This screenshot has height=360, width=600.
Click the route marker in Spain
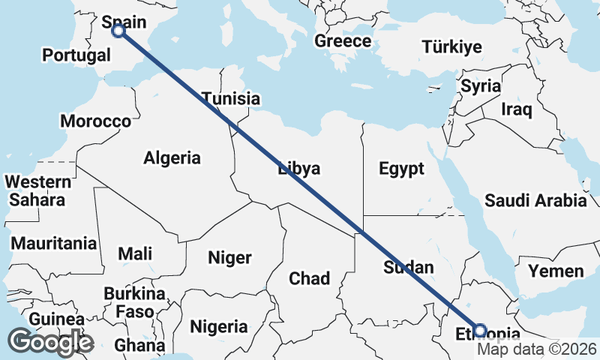coord(118,31)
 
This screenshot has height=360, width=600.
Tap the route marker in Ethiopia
coord(481,330)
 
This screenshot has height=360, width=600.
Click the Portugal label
coord(76,55)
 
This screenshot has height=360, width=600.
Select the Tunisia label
coord(231,98)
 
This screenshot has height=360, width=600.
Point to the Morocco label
coord(96,121)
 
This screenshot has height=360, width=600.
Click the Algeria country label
coord(172,158)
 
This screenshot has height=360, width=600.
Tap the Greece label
coord(343,41)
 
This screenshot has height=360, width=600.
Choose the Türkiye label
coord(451,48)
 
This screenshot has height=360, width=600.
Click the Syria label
coord(480,86)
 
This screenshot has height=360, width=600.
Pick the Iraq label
coord(517,110)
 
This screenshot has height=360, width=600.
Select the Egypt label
coord(402,169)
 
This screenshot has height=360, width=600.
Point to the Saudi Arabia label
coord(535,201)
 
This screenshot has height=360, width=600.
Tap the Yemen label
coord(556,271)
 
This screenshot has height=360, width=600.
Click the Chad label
coord(310,279)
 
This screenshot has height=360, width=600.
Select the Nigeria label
coord(219,327)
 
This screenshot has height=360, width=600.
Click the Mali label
coord(135,253)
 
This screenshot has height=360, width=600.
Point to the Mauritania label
coord(54,244)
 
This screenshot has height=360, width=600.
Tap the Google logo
coord(51,342)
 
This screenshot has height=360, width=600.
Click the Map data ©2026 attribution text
coord(538,349)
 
